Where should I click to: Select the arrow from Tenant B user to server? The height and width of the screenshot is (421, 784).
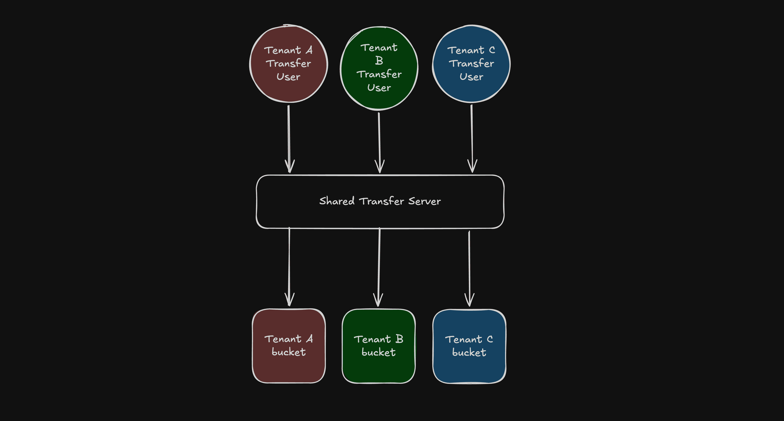[379, 140]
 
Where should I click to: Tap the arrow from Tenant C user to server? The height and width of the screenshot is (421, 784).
[472, 137]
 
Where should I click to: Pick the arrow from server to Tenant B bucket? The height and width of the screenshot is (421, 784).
[379, 265]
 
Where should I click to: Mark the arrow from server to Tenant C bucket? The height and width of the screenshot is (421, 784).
[469, 265]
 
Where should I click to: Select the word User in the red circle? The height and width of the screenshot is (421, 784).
[288, 77]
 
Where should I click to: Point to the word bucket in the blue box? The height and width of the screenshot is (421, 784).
[469, 353]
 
